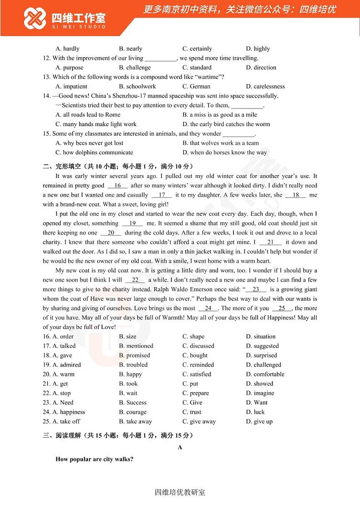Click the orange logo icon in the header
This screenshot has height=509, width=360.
click(35, 18)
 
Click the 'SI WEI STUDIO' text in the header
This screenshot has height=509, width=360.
click(78, 27)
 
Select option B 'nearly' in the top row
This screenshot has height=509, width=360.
click(131, 49)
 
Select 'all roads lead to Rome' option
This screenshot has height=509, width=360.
click(88, 115)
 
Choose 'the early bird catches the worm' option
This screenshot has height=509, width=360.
click(226, 124)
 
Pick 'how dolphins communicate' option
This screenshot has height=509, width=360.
click(94, 152)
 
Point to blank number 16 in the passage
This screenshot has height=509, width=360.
click(118, 186)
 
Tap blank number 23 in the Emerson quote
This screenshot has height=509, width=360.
click(256, 289)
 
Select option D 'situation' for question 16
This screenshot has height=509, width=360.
click(261, 336)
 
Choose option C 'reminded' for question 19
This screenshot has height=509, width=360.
click(198, 365)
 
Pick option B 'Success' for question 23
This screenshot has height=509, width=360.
click(133, 402)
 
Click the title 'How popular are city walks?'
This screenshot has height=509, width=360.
click(94, 459)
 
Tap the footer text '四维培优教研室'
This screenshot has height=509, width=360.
click(180, 492)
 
